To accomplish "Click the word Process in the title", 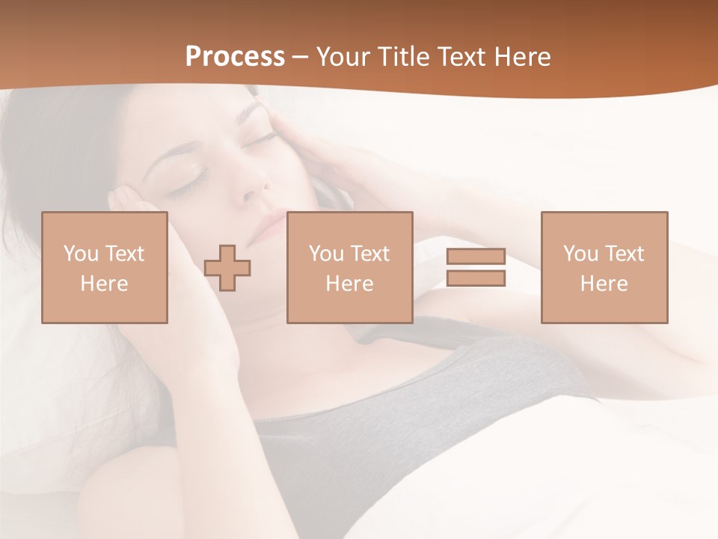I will (235, 57).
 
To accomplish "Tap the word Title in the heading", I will (404, 57).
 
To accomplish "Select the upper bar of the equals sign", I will (476, 257).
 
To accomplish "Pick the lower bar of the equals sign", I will (476, 278).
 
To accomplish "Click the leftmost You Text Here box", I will (104, 267).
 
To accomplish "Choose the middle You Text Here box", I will (349, 267).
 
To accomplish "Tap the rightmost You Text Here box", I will (604, 267).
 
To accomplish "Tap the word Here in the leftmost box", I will (104, 283).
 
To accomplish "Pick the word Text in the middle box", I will (369, 254).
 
